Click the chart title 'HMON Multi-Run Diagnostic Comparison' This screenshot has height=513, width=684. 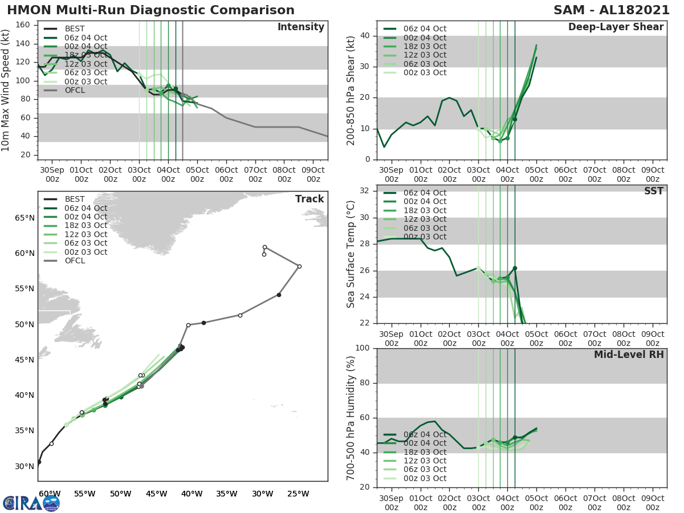tap(150, 10)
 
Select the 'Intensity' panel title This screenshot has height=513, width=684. tap(300, 27)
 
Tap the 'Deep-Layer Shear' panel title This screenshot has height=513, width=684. tap(616, 27)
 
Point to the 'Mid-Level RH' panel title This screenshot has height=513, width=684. tap(629, 355)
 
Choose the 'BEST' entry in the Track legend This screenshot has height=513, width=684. tap(75, 199)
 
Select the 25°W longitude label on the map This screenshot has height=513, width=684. tap(298, 494)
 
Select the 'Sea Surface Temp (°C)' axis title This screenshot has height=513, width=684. tap(351, 254)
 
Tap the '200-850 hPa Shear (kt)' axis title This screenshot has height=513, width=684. tap(351, 90)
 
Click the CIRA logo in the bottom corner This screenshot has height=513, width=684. tap(31, 503)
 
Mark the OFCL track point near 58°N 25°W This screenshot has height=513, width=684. tap(299, 266)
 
